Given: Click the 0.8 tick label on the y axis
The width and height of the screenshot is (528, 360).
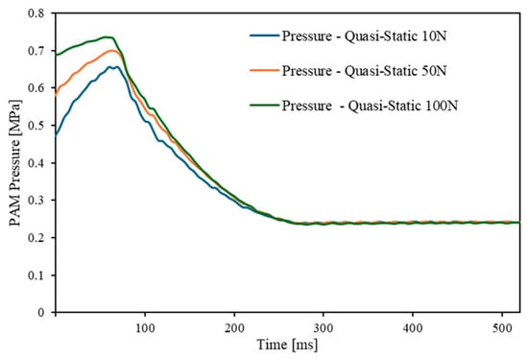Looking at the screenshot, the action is coord(36,13).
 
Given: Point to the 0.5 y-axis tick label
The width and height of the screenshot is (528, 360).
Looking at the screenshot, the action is coord(36,125).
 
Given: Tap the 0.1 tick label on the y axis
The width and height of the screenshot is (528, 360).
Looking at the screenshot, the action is coord(36,276).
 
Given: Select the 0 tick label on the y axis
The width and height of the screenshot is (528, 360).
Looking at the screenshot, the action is coord(40,313).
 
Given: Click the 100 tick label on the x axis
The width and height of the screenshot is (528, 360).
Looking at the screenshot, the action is coord(145,327).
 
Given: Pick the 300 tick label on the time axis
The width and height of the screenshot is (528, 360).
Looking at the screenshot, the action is coord(324,327).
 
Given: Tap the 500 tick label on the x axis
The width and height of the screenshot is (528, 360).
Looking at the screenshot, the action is coord(502,327).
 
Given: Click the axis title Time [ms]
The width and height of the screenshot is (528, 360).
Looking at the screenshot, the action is coord(287,345).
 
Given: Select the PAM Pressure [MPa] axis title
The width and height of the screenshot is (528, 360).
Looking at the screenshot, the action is coord(14,162).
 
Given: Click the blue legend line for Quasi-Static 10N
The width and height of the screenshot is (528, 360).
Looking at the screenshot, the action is coord(264,36).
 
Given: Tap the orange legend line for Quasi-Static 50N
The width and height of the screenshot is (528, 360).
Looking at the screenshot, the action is coord(264,70).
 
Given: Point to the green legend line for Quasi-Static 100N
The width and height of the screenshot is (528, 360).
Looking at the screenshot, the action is coord(264,106).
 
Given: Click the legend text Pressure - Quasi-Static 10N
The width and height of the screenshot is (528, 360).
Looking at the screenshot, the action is coord(365,36).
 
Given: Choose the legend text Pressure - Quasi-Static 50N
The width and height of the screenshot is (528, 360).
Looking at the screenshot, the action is coord(365,71).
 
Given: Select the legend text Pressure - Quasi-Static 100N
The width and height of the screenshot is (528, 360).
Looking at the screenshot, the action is coord(370,107).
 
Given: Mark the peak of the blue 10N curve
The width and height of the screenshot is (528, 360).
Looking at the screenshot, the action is coord(117,66).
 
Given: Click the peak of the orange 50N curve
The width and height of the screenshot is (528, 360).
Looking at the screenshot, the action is coord(112,51).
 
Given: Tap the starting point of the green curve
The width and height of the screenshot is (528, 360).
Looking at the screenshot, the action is coord(56,55).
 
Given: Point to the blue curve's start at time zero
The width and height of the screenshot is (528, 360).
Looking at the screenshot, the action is coord(56,135).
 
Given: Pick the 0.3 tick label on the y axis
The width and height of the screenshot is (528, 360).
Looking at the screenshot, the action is coord(36,200).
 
